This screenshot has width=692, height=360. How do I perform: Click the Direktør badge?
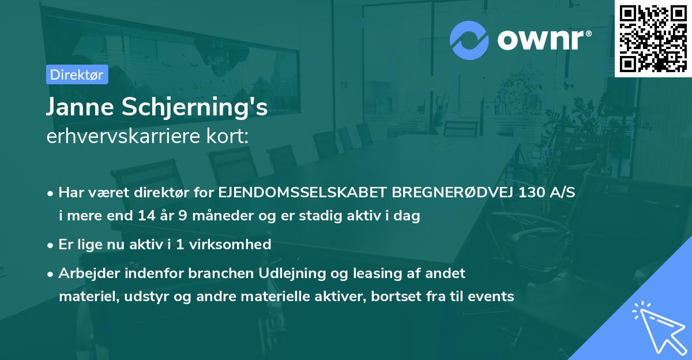[77, 74]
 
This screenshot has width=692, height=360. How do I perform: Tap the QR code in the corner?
[653, 38]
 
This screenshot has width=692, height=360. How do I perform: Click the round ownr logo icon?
[469, 40]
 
